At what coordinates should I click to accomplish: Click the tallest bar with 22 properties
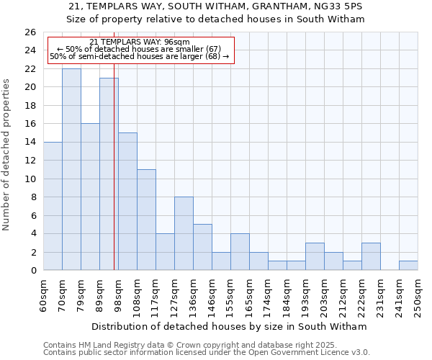71,169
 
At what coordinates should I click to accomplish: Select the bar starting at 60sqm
53,206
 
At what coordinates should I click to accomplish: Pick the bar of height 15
127,202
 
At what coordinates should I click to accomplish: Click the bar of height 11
146,220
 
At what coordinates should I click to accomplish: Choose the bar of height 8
184,233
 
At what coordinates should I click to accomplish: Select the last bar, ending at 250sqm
408,266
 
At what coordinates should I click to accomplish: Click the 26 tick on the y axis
30,32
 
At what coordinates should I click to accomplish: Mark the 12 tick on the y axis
30,161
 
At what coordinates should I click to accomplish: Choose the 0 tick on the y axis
33,271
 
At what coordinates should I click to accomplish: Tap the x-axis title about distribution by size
229,326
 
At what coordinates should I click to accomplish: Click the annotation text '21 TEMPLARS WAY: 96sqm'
140,42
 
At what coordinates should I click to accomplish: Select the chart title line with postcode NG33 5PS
216,6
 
